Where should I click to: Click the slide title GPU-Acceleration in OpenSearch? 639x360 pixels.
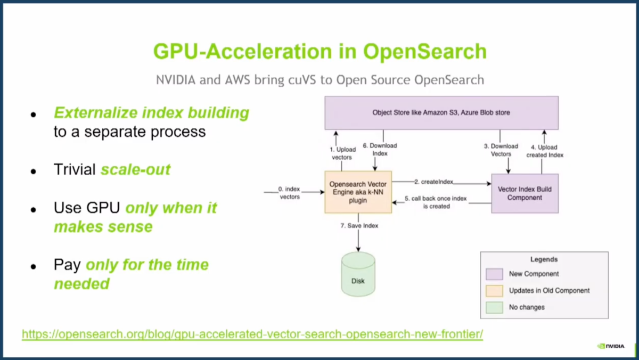click(320, 51)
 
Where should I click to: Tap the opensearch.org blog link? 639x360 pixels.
click(252, 334)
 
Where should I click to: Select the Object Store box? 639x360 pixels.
click(441, 113)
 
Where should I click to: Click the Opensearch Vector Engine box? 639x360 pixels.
click(358, 192)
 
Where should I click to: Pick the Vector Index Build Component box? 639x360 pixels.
click(525, 193)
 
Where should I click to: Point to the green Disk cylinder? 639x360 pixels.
click(358, 274)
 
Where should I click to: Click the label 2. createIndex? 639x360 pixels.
click(433, 182)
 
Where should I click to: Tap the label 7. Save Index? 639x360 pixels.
click(359, 226)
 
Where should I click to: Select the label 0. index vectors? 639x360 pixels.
click(289, 193)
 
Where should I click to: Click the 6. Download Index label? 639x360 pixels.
click(380, 150)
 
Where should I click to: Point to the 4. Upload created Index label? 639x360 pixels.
click(545, 151)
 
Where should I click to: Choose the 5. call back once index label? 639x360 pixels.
click(436, 202)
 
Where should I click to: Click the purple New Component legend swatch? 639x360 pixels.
click(494, 274)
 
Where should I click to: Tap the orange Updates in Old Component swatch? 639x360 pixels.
click(494, 291)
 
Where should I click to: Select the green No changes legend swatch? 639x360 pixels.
click(494, 307)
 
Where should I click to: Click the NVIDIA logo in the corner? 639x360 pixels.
click(611, 346)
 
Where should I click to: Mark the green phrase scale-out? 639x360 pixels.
click(135, 169)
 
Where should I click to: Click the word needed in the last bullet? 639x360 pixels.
click(81, 283)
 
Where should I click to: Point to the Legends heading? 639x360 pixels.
click(544, 259)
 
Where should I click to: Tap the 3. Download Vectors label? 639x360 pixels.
click(501, 150)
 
